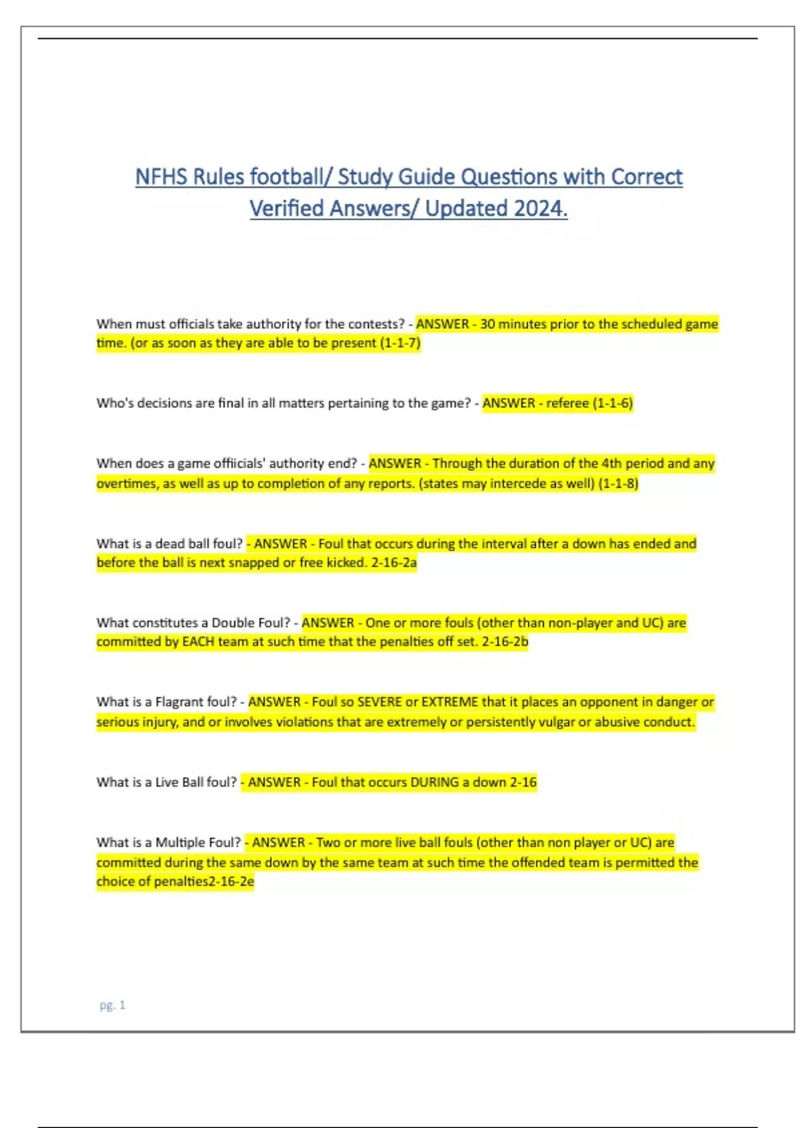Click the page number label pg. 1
(112, 1005)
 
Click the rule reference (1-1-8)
(618, 483)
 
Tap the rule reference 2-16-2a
(394, 563)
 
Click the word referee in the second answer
(567, 403)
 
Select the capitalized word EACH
(198, 642)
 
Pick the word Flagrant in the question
(180, 702)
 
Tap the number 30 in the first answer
(488, 324)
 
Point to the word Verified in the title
(287, 209)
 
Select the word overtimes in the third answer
(127, 483)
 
